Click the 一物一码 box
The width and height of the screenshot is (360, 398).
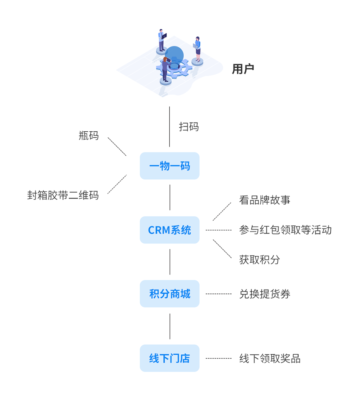tap(170, 166)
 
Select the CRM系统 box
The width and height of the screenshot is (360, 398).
tap(170, 230)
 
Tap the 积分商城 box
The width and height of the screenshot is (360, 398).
tap(170, 294)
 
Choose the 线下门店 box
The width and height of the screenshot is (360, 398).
tap(170, 358)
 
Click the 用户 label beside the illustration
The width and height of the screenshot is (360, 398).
tap(243, 69)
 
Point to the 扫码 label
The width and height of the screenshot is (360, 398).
tap(189, 127)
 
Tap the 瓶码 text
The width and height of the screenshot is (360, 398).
tap(89, 136)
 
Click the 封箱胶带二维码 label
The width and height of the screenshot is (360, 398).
tap(63, 195)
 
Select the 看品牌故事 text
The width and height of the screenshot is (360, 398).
tap(265, 200)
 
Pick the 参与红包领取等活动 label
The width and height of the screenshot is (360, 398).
tap(285, 230)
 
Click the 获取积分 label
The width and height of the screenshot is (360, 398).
tap(260, 259)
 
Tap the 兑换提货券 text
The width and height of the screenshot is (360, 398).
tap(265, 294)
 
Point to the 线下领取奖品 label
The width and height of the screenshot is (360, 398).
tap(270, 358)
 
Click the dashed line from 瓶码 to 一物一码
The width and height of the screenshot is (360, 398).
tap(117, 147)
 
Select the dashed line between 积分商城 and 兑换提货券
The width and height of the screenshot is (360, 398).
tap(218, 294)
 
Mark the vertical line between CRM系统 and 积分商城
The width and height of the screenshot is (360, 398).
tap(170, 262)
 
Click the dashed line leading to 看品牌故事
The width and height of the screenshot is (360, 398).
tap(222, 211)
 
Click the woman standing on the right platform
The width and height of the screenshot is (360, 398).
tap(197, 49)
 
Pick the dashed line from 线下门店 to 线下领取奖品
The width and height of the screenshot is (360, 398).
tap(218, 358)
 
